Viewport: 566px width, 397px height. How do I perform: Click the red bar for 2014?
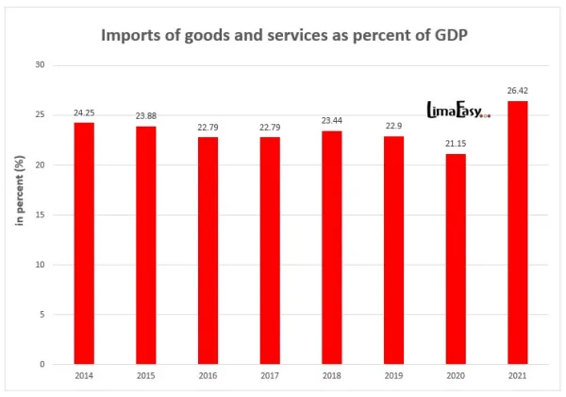tap(84, 243)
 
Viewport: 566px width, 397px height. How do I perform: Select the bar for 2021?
tap(517, 233)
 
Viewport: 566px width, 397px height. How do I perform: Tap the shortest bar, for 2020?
tap(455, 259)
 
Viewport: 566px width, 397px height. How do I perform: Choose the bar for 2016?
tap(208, 250)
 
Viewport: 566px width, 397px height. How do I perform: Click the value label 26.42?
tap(517, 92)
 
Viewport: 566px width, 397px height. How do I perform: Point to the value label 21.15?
tap(455, 145)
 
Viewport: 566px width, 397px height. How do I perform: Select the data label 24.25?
tap(84, 113)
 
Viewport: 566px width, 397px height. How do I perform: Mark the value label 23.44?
tap(331, 122)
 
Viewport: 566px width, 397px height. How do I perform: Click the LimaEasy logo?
tap(458, 111)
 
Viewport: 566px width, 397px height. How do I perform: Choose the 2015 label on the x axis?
tap(145, 377)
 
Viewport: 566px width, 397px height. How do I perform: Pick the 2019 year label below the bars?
tap(393, 377)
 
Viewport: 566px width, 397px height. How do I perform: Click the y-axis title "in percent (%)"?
tap(18, 215)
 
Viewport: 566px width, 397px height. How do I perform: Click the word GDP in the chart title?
tap(442, 36)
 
